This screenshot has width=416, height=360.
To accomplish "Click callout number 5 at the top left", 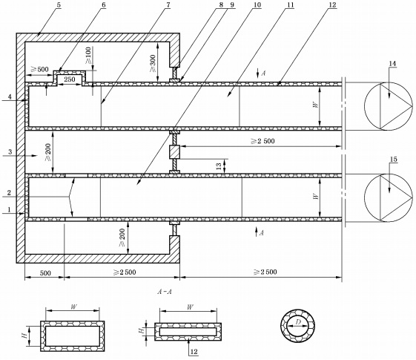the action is [x=59, y=5].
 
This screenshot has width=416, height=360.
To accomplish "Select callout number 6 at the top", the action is [x=103, y=5].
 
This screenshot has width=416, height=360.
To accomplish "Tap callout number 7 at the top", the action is [x=168, y=5].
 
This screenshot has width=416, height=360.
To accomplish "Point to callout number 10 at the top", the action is [x=257, y=5].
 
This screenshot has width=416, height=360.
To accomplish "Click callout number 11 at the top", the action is [x=290, y=5].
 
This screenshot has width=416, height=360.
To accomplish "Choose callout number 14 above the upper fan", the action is [x=392, y=64].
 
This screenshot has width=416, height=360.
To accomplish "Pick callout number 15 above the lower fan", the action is [x=394, y=160].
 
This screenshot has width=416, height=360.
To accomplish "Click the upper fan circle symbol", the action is [x=389, y=106].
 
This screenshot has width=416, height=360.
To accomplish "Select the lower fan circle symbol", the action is [x=389, y=197].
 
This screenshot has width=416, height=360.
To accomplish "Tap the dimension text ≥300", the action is [x=153, y=64].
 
